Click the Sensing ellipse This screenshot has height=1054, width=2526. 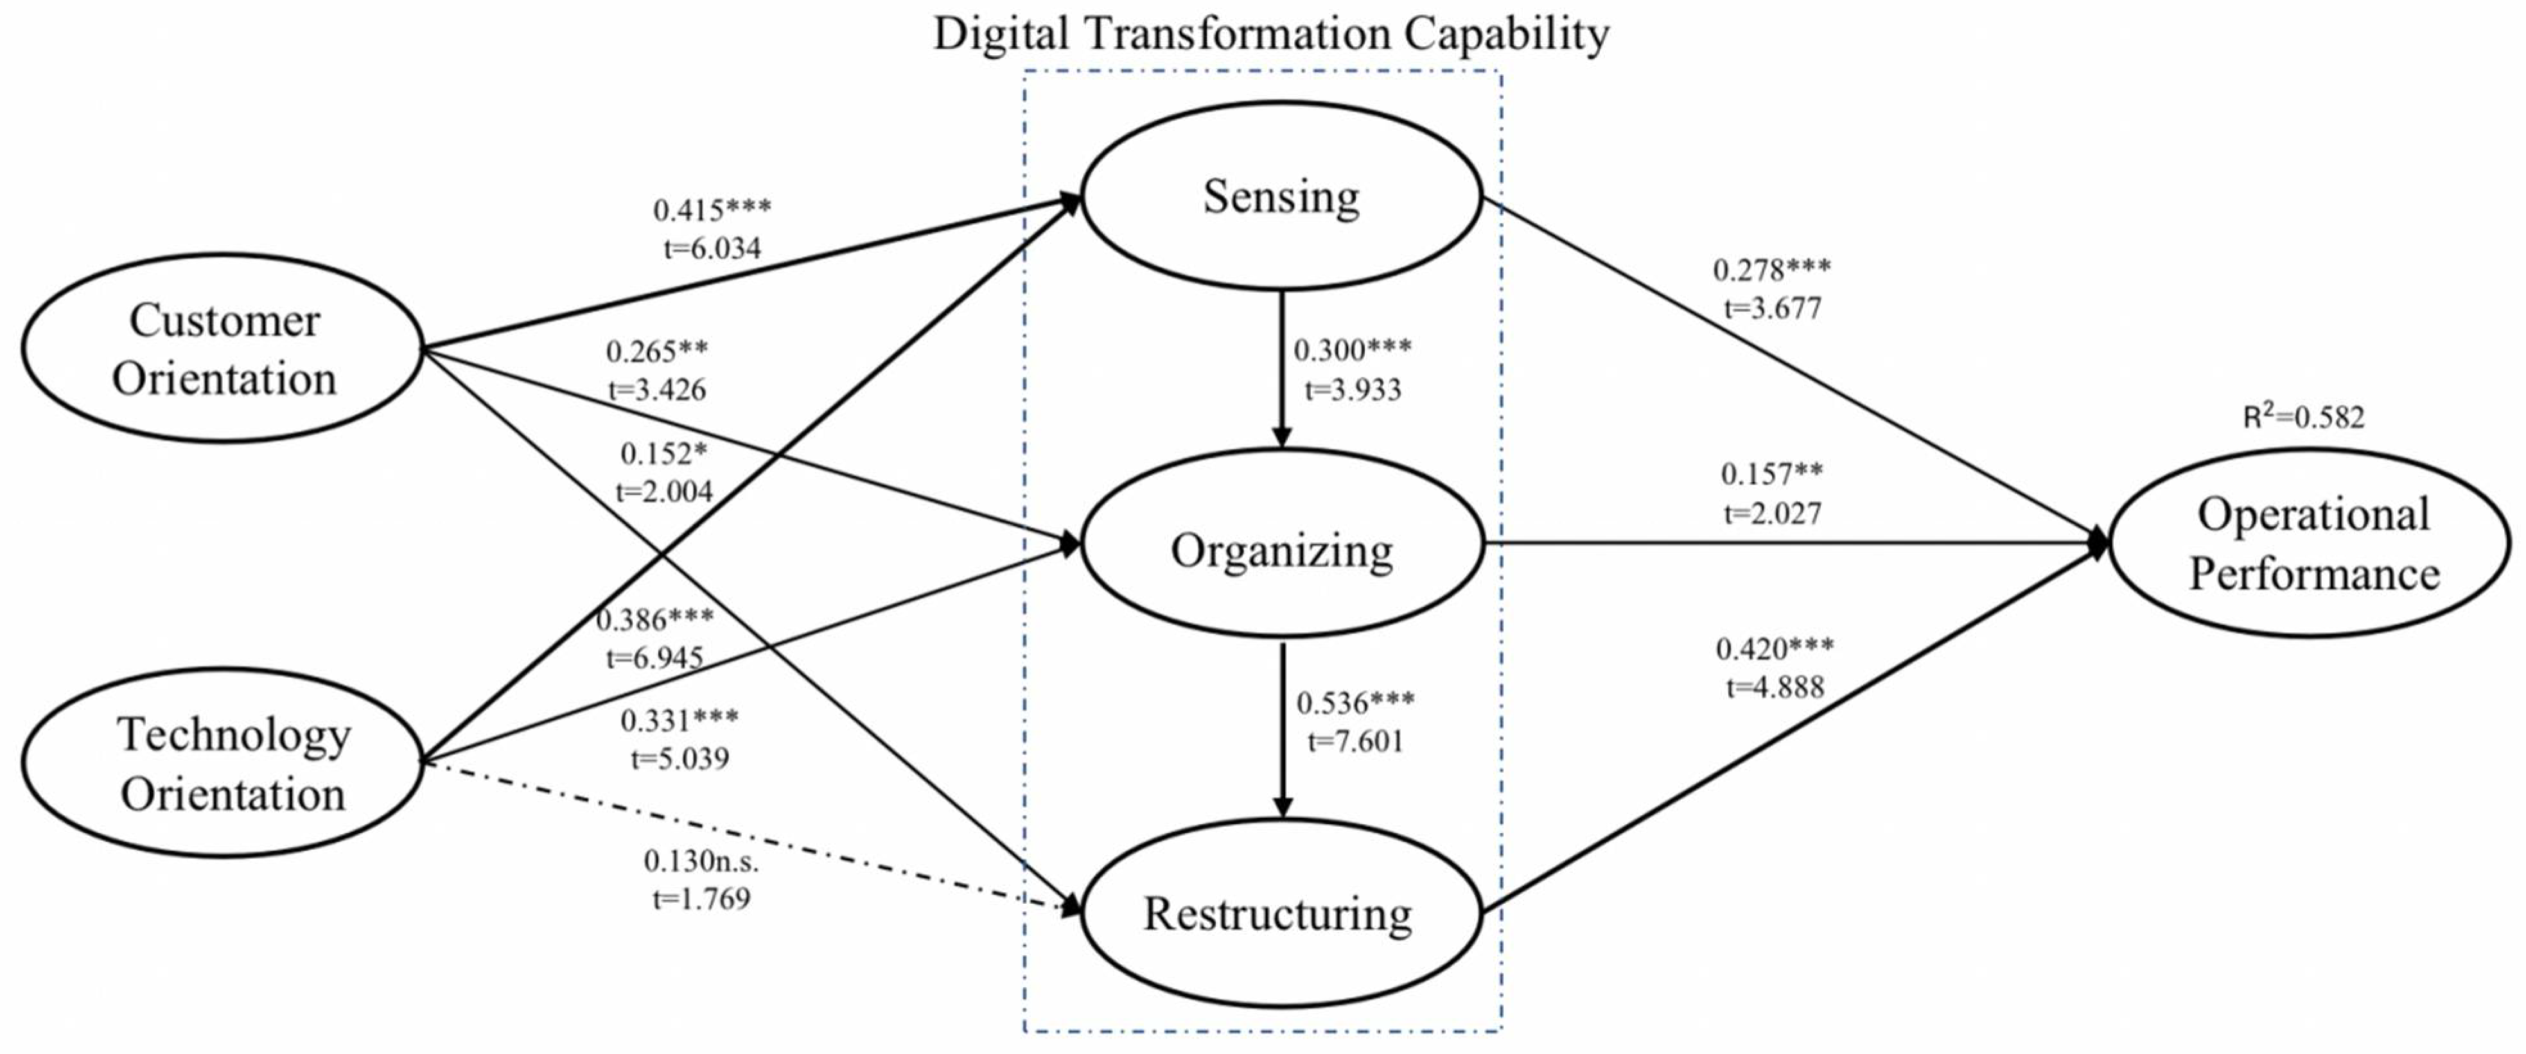tap(1281, 196)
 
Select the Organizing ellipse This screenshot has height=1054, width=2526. tap(1281, 549)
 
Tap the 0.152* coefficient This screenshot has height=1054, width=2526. tap(664, 454)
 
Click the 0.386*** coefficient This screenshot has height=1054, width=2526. tap(655, 619)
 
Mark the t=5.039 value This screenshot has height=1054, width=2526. tap(680, 759)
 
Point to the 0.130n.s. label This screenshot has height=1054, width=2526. tap(701, 861)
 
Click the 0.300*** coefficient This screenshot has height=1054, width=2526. tap(1353, 350)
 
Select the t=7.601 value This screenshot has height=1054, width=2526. tap(1355, 741)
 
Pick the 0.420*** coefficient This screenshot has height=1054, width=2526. tap(1775, 648)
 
